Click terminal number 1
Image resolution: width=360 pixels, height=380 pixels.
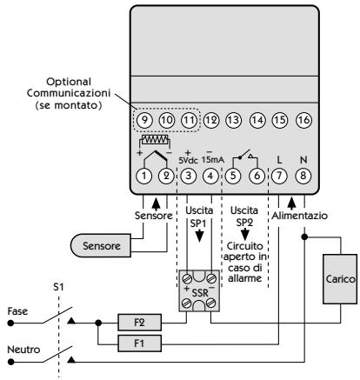tap(139, 175)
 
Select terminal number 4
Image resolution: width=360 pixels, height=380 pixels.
tap(210, 175)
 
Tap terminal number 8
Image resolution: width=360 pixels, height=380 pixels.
tap(303, 175)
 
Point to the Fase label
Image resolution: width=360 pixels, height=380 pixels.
tap(19, 311)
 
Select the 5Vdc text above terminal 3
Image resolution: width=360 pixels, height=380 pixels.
tap(188, 160)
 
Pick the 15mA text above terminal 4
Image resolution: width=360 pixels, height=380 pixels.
tap(214, 160)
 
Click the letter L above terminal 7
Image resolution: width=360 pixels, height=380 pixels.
tap(280, 160)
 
